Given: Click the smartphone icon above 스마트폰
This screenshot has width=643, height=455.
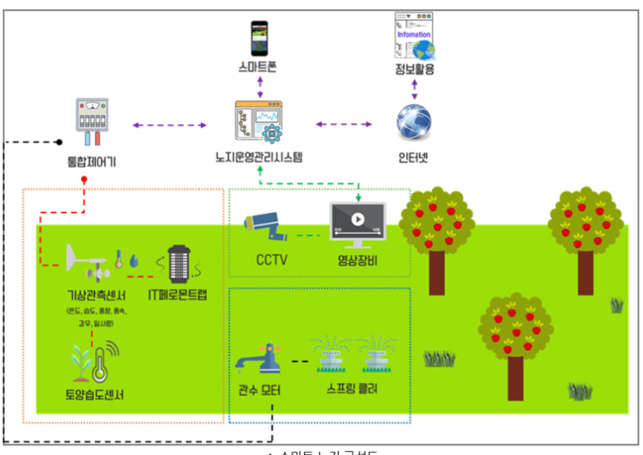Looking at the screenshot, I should point(258,37).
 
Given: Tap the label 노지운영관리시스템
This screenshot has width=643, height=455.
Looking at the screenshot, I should point(258,156).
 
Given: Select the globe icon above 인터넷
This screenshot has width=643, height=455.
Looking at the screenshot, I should point(413,121).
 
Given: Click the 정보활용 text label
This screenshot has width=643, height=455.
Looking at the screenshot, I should point(414,70).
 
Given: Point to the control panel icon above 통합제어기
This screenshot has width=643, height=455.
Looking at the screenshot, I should point(92,121).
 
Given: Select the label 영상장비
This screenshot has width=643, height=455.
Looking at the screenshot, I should point(358,260).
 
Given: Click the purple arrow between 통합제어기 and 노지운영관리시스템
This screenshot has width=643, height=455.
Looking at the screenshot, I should point(170,126).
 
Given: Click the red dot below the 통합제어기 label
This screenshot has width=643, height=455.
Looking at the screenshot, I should point(83,179).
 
